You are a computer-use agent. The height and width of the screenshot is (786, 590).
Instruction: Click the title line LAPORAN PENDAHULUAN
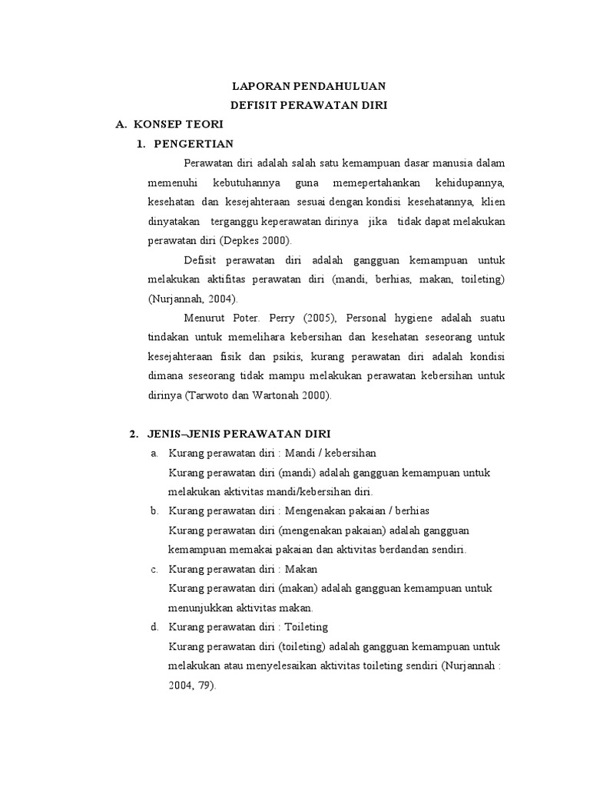coord(310,86)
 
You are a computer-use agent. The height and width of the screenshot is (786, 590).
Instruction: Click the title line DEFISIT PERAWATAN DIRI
coord(310,105)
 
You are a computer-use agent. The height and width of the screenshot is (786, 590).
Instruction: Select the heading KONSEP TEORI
coord(178,124)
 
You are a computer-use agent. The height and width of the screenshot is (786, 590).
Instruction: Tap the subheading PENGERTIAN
coord(194,144)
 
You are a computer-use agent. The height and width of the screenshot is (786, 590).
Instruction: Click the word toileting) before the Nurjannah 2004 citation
coord(480,279)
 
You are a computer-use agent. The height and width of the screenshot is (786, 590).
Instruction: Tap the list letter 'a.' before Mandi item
coord(154,453)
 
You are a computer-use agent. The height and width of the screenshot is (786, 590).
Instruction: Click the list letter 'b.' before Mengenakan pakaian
coord(154,511)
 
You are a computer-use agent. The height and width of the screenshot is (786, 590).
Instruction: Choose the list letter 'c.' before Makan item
coord(154,569)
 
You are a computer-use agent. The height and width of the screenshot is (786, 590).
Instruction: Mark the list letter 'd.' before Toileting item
coord(154,627)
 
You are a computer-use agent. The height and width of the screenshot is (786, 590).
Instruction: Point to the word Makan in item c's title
coord(302,569)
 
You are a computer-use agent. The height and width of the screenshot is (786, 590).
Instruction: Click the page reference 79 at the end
coord(206,685)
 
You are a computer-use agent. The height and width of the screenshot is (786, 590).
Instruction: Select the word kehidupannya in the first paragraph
coord(470,183)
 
